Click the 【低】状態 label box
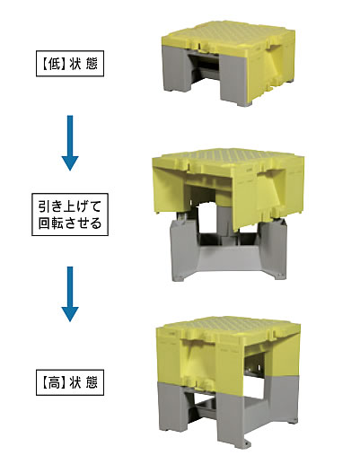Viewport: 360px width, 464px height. coord(70,64)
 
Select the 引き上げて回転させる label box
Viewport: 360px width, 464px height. coord(70,214)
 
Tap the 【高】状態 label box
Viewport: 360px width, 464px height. coord(70,382)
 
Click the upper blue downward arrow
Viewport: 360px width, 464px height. coord(70,143)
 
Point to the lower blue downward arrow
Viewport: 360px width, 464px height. coord(70,294)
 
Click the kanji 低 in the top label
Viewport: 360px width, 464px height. coord(55,64)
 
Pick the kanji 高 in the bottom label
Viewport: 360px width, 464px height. coord(55,383)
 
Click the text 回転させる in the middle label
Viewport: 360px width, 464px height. coord(70,223)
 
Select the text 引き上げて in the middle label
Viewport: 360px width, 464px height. coord(70,206)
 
